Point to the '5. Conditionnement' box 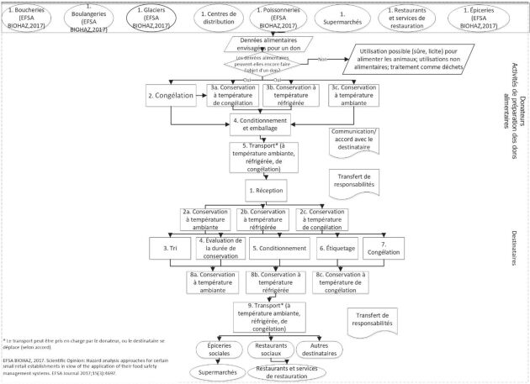pos(278,250)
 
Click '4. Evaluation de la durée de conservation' pos(219,250)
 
